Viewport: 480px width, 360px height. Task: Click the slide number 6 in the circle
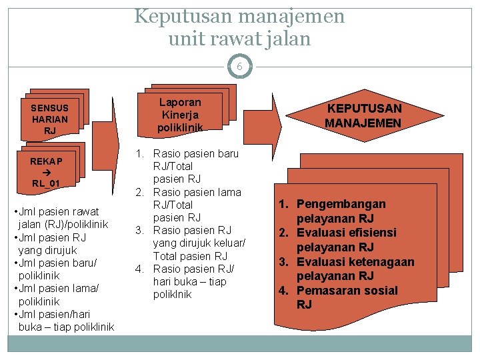click(x=239, y=66)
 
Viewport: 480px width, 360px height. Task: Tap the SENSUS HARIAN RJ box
click(x=49, y=118)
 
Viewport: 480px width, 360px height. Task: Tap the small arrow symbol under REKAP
click(x=46, y=172)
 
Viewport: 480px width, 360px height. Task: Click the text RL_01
click(x=46, y=183)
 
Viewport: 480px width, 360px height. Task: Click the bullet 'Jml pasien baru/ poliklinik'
click(x=55, y=269)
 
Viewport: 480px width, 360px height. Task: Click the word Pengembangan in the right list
click(x=341, y=204)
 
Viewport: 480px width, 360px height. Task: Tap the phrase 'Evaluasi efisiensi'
click(x=346, y=233)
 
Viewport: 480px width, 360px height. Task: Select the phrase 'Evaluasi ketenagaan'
click(x=355, y=262)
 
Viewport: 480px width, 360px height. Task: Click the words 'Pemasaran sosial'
click(x=347, y=291)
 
